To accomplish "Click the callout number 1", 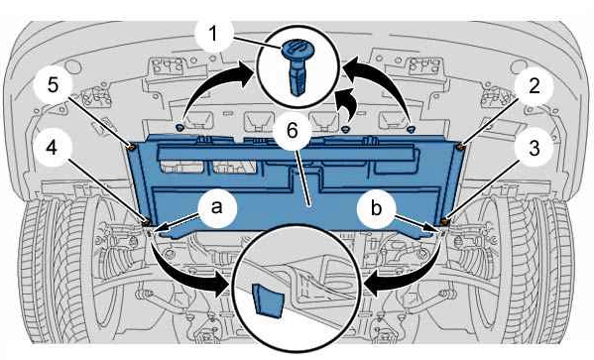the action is [x=213, y=34].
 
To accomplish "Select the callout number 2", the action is [x=535, y=87].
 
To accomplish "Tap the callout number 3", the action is [x=535, y=148].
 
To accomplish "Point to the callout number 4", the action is [x=52, y=148].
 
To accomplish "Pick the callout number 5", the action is [x=53, y=85].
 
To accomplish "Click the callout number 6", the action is [x=293, y=131].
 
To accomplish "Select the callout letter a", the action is [x=217, y=207].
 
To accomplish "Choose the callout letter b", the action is [x=376, y=207].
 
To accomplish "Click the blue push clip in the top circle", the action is [x=297, y=65].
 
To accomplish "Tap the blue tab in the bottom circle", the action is [x=268, y=300].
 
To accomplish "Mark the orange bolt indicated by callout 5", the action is [x=131, y=147].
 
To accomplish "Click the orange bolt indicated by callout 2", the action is [x=461, y=147].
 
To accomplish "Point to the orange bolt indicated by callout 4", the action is [x=146, y=222].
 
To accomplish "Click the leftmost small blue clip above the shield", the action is [x=179, y=127].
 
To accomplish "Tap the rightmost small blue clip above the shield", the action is [x=411, y=130].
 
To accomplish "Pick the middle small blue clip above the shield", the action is [x=345, y=130].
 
